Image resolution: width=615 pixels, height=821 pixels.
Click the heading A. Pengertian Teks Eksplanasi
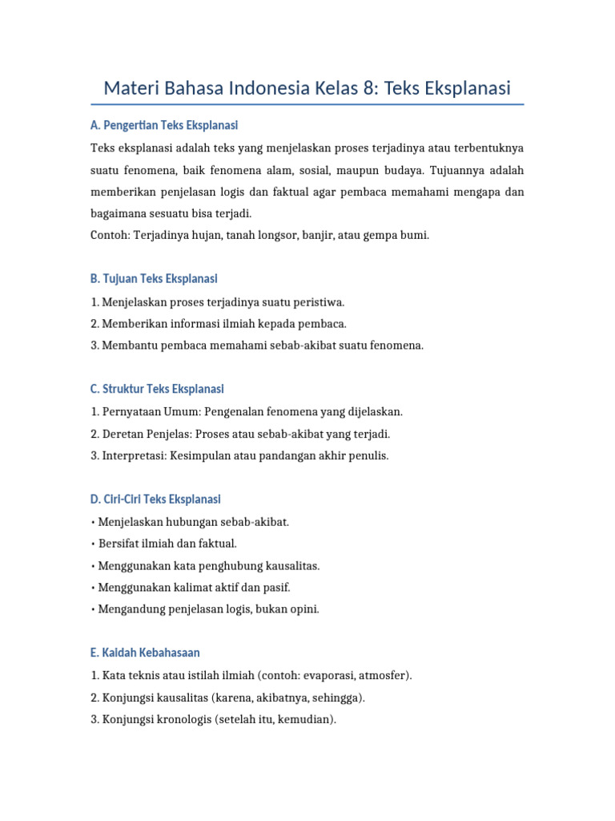tap(164, 126)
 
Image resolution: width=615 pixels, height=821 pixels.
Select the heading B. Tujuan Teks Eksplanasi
tap(154, 279)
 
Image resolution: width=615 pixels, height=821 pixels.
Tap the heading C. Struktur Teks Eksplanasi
tap(157, 389)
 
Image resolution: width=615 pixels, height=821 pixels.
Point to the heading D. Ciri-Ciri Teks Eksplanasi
tap(155, 499)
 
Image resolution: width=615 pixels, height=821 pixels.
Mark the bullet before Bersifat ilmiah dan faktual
tap(94, 544)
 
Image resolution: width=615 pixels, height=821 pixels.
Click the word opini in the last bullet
tap(303, 609)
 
